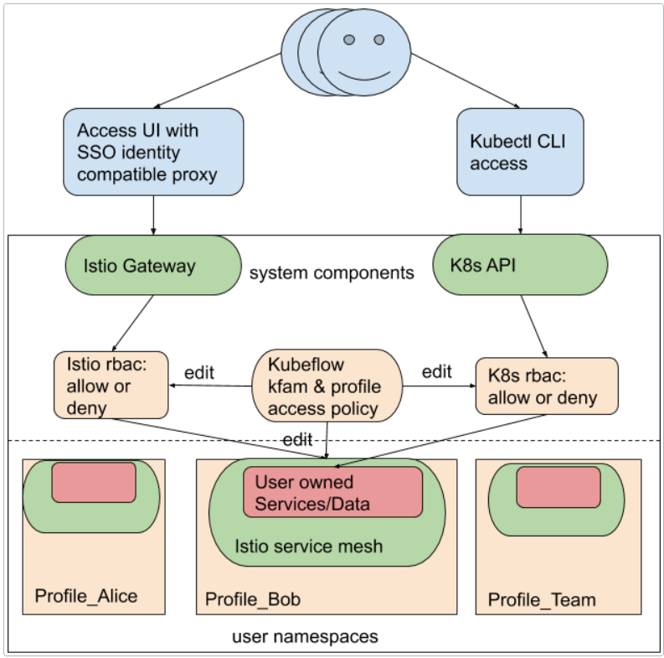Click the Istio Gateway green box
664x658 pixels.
[152, 266]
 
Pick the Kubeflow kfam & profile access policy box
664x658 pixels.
[327, 386]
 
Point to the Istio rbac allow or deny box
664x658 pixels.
[111, 386]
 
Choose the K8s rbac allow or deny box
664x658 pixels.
[547, 386]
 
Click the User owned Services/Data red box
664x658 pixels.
[332, 493]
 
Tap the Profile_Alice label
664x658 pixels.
[85, 596]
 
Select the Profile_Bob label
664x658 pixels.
[253, 599]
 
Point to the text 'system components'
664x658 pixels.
[332, 272]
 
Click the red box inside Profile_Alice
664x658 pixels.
[94, 482]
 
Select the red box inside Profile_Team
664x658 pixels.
[558, 487]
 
